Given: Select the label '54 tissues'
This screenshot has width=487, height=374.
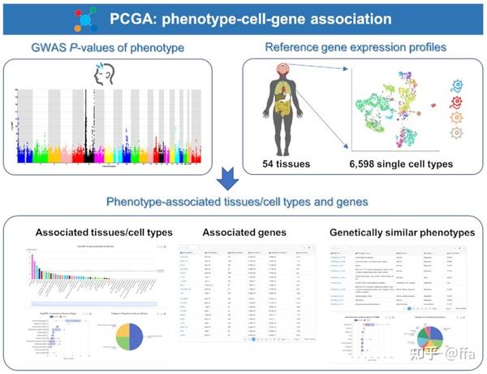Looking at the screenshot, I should point(288,166).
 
